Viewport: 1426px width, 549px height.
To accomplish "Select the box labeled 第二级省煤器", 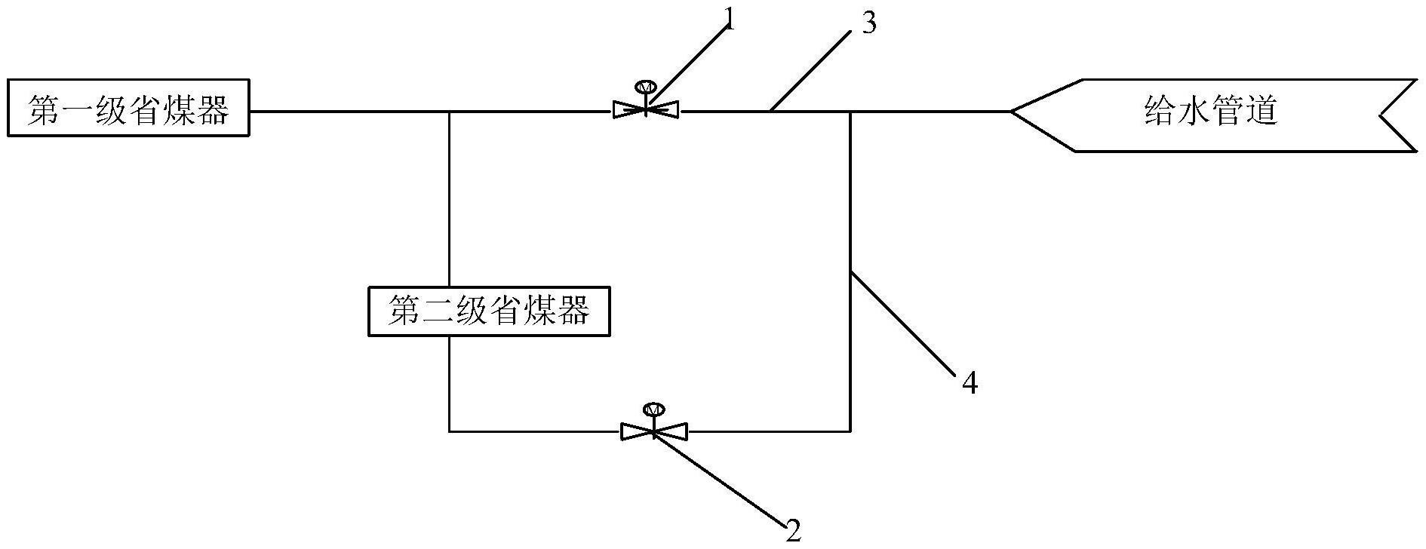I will coord(489,310).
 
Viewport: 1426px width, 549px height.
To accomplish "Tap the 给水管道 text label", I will coord(1210,112).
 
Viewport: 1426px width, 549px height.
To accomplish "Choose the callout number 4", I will coord(970,384).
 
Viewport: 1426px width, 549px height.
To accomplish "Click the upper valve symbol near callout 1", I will coord(646,110).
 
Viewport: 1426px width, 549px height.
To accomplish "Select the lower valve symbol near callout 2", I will coord(653,431).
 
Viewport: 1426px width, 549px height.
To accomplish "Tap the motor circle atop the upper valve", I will coord(646,86).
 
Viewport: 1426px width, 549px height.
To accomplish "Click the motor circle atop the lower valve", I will coord(653,409).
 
